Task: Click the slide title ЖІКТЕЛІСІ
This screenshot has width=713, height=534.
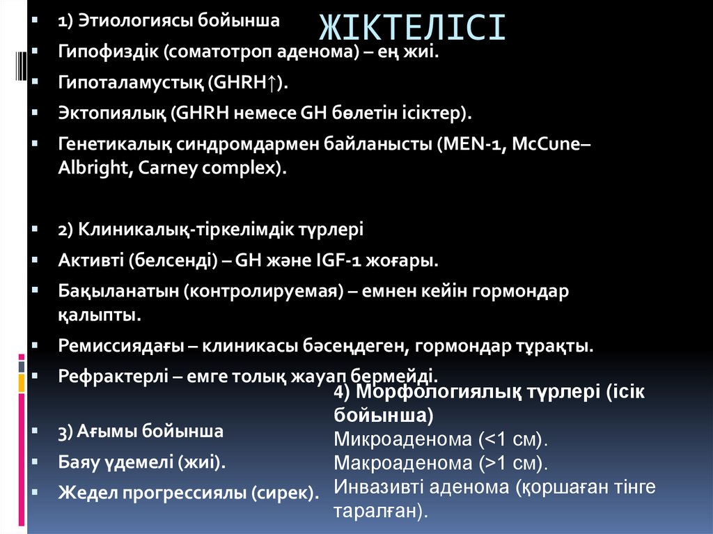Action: (412, 29)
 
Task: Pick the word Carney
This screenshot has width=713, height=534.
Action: (152, 167)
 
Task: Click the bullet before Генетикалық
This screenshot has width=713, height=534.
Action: (34, 144)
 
